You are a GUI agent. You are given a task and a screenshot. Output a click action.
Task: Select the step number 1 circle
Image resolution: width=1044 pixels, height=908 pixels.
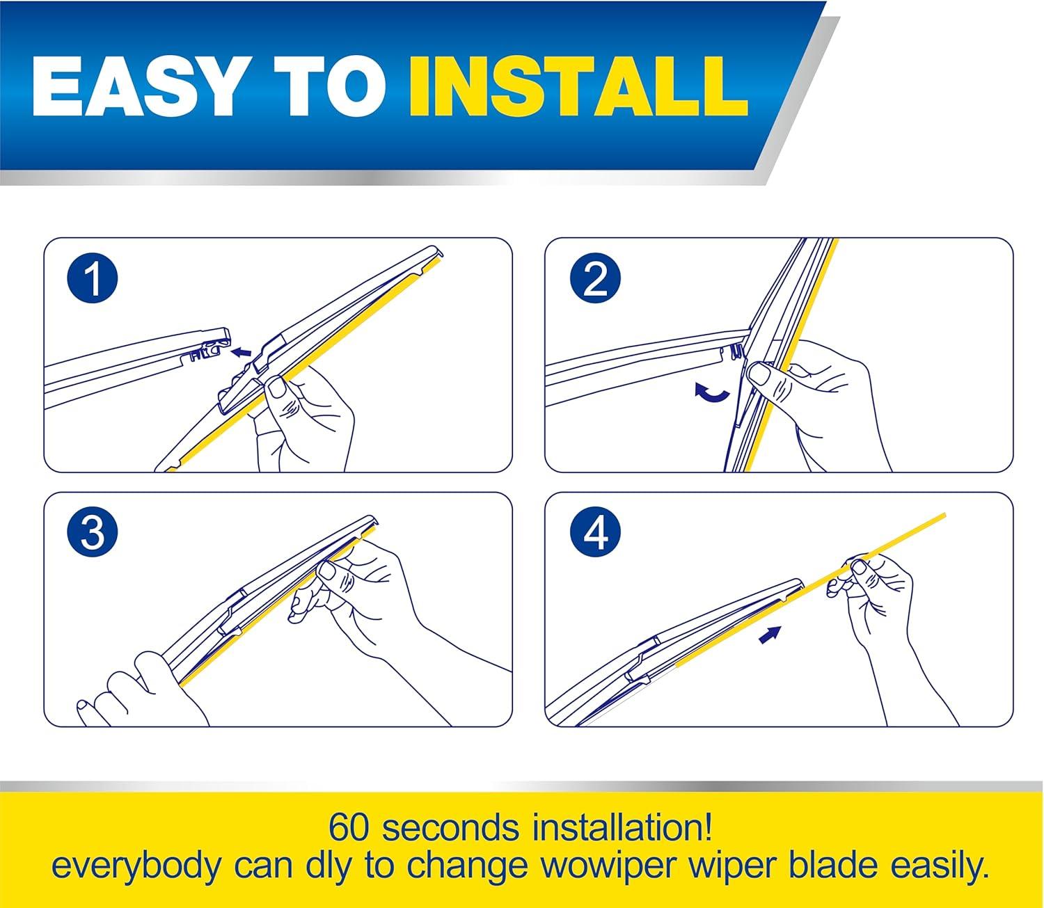(93, 278)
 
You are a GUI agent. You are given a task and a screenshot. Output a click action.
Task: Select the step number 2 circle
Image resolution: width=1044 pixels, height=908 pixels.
(596, 278)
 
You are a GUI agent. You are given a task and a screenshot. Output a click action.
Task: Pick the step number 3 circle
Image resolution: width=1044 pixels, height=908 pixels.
(93, 532)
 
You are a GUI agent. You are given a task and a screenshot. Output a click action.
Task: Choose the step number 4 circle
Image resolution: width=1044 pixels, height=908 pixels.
(596, 532)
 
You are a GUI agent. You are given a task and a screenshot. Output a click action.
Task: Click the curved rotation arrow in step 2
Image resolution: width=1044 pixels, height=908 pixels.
(712, 393)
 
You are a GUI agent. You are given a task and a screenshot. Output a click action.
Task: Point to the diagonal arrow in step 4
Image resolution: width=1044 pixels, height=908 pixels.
(770, 635)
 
